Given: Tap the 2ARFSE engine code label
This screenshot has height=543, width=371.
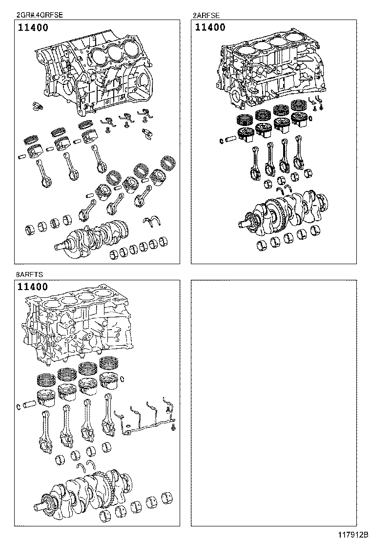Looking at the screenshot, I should (205, 16).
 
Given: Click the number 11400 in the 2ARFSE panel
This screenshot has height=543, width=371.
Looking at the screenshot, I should (210, 28).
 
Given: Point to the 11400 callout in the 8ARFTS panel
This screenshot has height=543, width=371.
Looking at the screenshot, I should (33, 287).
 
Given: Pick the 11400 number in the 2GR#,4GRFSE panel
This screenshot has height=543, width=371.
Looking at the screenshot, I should (33, 28).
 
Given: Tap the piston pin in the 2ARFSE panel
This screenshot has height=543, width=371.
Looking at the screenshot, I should (228, 141).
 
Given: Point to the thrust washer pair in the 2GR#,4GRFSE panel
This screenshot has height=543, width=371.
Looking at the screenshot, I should (153, 221).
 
